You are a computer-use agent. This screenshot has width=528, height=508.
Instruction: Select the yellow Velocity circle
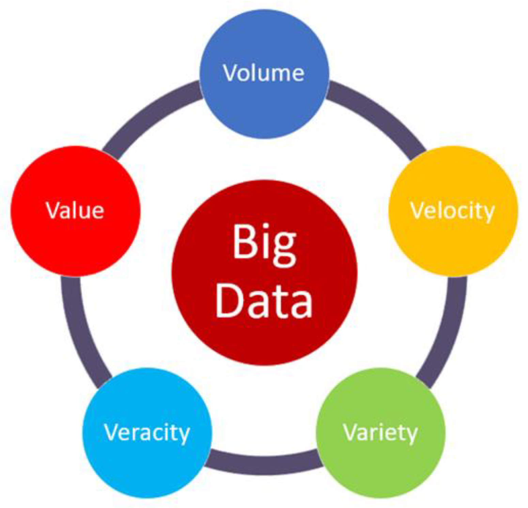tap(453, 245)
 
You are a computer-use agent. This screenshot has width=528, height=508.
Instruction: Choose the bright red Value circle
tap(75, 245)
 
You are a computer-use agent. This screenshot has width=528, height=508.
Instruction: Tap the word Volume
tap(264, 73)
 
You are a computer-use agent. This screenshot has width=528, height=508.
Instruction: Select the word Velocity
tap(452, 211)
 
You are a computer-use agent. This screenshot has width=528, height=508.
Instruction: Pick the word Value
tap(75, 210)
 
